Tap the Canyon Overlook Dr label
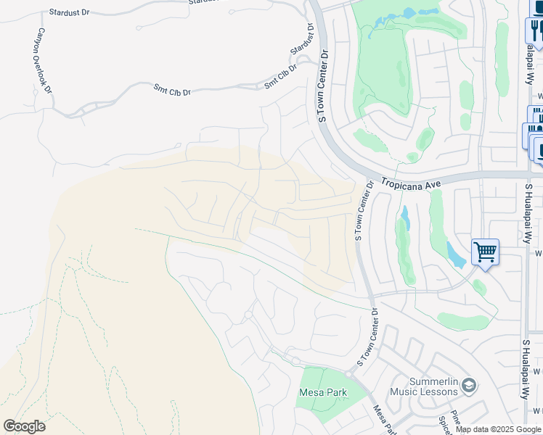43,62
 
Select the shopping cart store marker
485,252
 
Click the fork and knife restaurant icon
536,30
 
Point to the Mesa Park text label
322,393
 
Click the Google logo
24,426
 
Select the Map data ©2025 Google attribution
498,430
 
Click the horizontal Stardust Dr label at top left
68,13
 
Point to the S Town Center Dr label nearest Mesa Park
366,338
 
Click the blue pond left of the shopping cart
456,254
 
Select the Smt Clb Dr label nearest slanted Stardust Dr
281,78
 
